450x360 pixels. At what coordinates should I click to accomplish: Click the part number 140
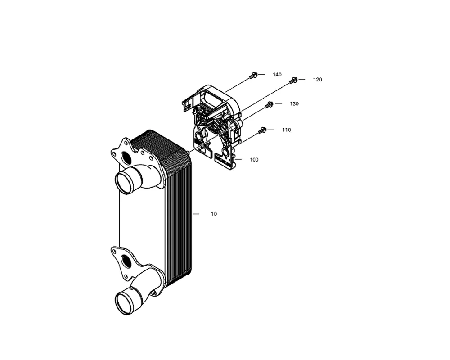tap(277, 74)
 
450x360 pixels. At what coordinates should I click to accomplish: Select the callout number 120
tap(318, 80)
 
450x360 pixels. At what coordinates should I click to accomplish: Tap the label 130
tap(294, 104)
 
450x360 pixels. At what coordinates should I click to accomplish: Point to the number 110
tap(286, 130)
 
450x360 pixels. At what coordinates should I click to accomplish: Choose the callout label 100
tap(254, 160)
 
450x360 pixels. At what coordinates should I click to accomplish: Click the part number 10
tap(214, 214)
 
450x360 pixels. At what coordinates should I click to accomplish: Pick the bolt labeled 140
tap(254, 75)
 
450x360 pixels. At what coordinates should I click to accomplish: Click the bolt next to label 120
tap(293, 81)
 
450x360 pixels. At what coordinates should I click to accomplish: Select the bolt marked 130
tap(269, 105)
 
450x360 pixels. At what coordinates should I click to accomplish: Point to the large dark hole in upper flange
tap(126, 158)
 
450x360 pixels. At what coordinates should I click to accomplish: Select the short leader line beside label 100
tap(238, 159)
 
